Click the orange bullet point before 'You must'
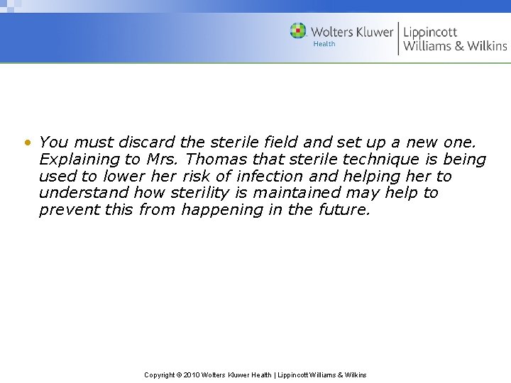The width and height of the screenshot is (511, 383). tap(27, 143)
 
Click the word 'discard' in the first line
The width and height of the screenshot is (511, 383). tap(148, 143)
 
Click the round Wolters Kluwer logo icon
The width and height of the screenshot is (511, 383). tap(298, 31)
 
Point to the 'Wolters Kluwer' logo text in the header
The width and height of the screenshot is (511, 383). tap(352, 32)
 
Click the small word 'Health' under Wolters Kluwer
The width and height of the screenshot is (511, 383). tap(324, 44)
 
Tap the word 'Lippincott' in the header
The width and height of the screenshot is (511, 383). tap(430, 31)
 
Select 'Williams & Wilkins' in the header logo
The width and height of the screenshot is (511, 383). tap(455, 47)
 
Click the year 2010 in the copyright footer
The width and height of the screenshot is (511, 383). tap(192, 374)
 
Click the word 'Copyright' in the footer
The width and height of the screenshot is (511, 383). tap(159, 374)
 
